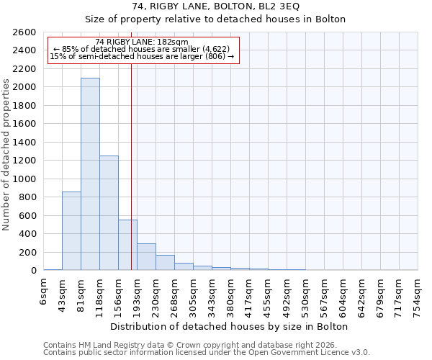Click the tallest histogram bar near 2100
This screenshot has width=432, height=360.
(90, 174)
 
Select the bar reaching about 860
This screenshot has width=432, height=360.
(71, 230)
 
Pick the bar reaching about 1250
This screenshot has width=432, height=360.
(109, 212)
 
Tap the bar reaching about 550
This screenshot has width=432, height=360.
(127, 245)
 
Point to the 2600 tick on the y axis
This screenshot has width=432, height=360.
(25, 32)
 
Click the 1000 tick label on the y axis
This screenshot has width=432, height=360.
(25, 179)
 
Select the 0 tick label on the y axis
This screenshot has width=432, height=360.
(33, 271)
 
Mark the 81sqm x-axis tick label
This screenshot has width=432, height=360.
(81, 293)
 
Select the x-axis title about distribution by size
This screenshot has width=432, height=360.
(230, 326)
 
